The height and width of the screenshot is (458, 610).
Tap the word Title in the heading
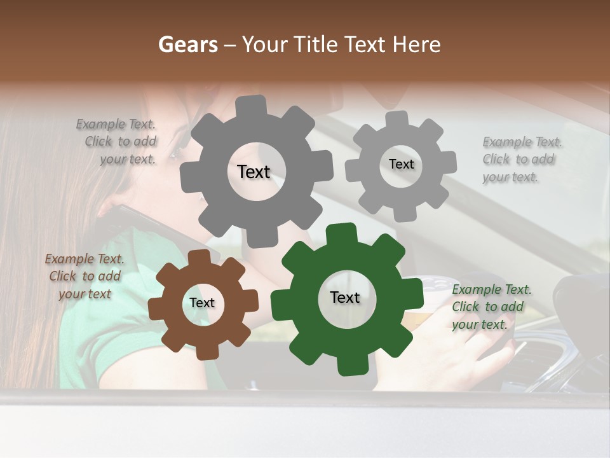pyautogui.click(x=317, y=45)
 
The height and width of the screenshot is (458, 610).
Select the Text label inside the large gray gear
pyautogui.click(x=254, y=172)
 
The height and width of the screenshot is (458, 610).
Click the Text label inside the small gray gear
pyautogui.click(x=401, y=164)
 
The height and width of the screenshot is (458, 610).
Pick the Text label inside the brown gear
pyautogui.click(x=202, y=303)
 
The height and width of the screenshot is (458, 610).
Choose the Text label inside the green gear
pyautogui.click(x=345, y=298)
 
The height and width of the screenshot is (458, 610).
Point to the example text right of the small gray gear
pyautogui.click(x=521, y=160)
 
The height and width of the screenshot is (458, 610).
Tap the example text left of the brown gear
pyautogui.click(x=85, y=277)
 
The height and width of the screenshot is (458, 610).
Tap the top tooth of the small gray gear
pyautogui.click(x=397, y=119)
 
